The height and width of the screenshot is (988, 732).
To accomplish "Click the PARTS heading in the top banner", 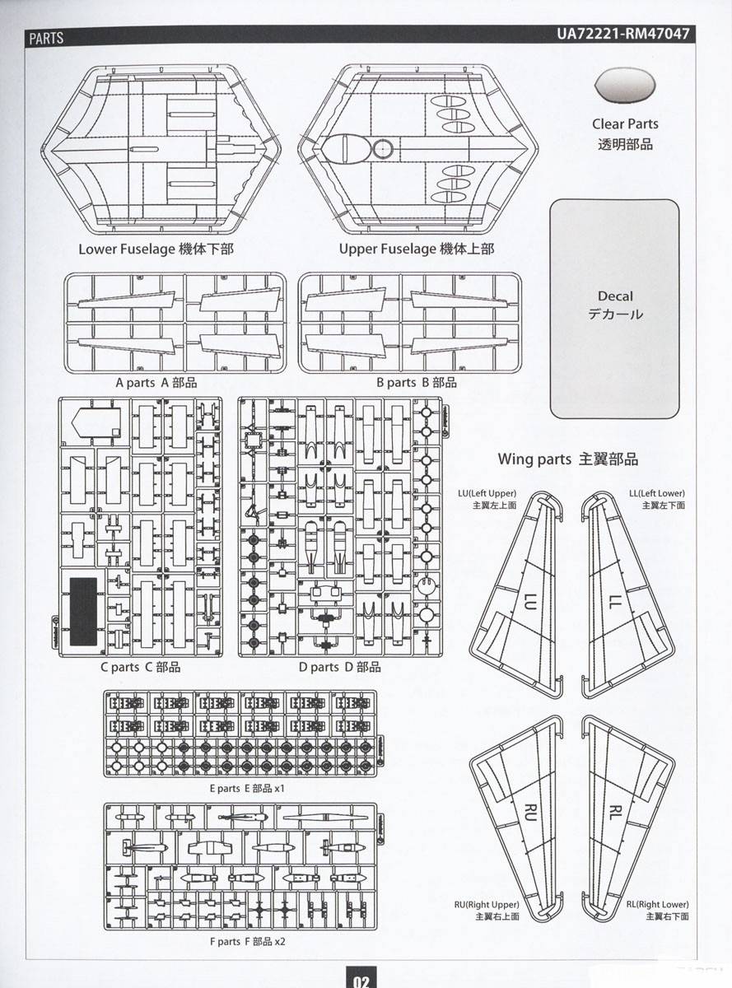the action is (46, 38).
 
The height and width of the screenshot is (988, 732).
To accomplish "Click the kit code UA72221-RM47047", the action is (622, 34).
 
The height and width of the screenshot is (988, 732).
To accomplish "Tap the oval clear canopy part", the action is (625, 85).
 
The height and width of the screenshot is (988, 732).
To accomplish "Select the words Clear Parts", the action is (625, 123).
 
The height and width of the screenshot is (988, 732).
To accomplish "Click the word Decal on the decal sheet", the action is (615, 296).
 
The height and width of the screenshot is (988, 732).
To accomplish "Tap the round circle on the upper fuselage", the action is (382, 149).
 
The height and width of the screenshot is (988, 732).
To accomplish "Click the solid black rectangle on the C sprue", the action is (83, 611).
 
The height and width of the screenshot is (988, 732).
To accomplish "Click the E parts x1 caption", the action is (247, 788).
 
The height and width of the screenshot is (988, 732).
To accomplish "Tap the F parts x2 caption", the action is (247, 941).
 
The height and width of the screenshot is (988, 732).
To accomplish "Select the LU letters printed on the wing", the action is (530, 601).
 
